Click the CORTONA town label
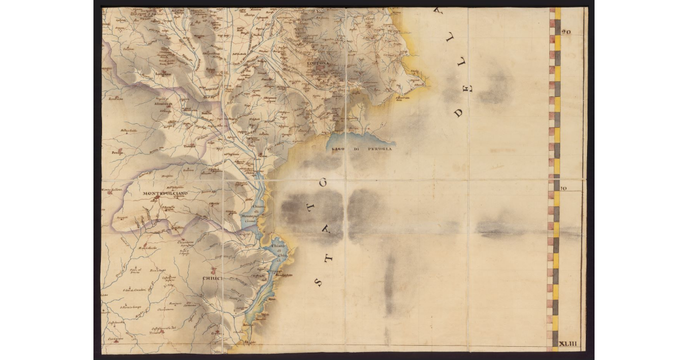pos(319,62)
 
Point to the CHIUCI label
pos(212,279)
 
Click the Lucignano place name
pos(163,73)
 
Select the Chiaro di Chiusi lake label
pos(277,252)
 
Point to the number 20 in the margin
pos(566,33)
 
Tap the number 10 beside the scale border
pos(564,187)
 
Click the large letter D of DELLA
pos(459,112)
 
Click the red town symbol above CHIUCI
pos(213,269)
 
